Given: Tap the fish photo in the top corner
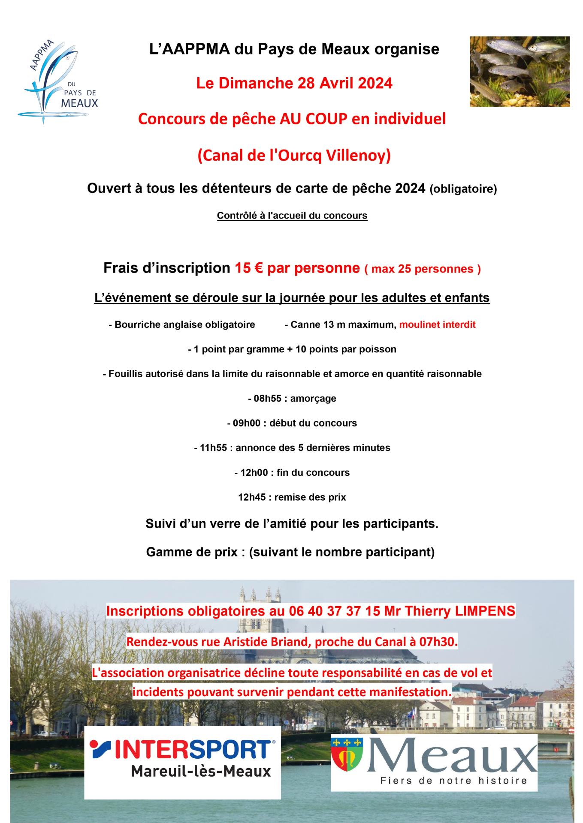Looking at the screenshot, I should pyautogui.click(x=520, y=72).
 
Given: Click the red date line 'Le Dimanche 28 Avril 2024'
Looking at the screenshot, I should pyautogui.click(x=294, y=83).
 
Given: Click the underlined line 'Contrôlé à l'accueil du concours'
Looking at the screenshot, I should pyautogui.click(x=292, y=216).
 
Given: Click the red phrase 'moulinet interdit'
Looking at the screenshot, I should pyautogui.click(x=437, y=324).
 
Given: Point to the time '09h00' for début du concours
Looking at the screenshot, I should pyautogui.click(x=246, y=424).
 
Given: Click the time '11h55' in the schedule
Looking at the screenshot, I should pyautogui.click(x=213, y=448).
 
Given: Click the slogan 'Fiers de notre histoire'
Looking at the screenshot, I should pyautogui.click(x=453, y=781).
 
